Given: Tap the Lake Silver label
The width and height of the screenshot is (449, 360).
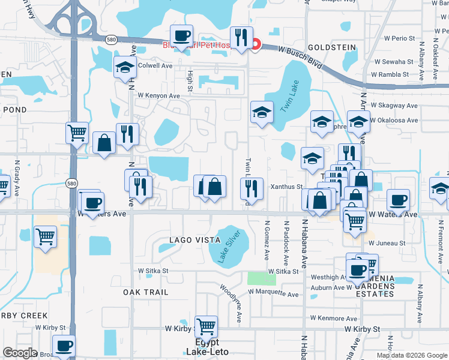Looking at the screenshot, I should (228, 247).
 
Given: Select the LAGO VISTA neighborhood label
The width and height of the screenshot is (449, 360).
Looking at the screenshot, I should (190, 239).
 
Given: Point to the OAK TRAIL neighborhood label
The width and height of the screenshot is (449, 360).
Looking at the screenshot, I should (145, 292).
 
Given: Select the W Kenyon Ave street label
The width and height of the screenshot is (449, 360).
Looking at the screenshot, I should (158, 95).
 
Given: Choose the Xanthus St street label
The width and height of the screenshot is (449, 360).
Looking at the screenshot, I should (286, 187).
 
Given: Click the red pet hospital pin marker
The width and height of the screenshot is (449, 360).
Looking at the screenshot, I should (255, 44).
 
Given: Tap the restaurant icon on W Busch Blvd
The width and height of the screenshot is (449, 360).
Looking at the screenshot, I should (241, 37).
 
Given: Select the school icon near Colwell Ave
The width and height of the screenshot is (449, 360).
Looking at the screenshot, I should (125, 67).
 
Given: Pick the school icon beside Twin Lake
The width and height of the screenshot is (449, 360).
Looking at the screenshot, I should (262, 112).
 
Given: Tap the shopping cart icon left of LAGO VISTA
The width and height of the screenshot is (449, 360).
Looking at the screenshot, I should (46, 236).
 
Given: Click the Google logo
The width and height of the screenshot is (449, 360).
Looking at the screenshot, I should (20, 353).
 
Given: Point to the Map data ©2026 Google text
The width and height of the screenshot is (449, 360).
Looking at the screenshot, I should (411, 355).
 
